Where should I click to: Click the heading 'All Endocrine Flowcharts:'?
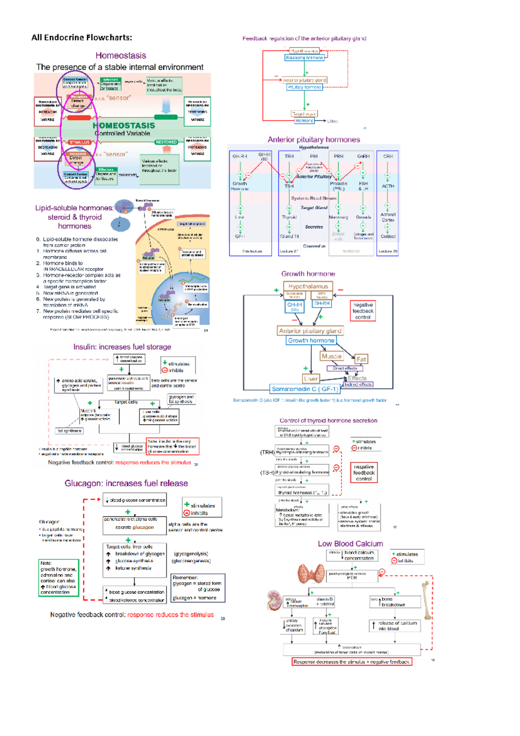click(81, 38)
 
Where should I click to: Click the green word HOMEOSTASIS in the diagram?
click(123, 125)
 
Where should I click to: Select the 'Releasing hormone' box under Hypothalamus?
click(304, 58)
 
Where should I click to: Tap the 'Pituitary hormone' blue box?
click(305, 87)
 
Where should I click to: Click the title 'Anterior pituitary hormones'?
click(314, 140)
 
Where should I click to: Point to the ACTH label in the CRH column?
click(388, 186)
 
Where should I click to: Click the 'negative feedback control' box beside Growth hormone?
click(363, 311)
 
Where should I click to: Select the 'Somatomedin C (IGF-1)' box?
click(305, 389)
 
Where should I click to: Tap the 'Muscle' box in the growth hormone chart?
click(331, 356)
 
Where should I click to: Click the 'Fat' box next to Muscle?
click(361, 359)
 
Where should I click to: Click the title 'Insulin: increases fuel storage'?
click(122, 347)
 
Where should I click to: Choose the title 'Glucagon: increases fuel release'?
click(126, 483)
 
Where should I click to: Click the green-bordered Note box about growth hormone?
click(58, 578)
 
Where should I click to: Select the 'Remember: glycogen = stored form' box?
click(198, 588)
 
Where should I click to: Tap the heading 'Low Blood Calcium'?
click(350, 544)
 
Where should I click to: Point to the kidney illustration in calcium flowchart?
click(274, 600)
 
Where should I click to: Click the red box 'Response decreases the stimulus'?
click(351, 662)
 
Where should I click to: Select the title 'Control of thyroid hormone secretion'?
click(328, 420)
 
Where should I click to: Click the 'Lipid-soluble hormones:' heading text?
click(74, 208)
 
